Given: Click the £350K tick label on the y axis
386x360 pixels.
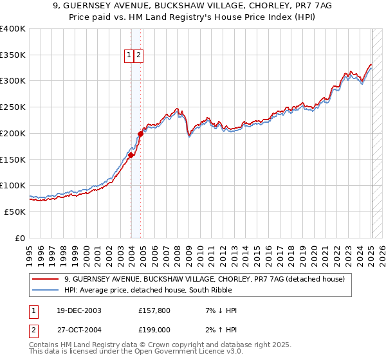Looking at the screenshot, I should [13, 55].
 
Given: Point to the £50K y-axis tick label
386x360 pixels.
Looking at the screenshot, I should [15, 212].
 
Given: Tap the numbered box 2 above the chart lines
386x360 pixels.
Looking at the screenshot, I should [138, 56].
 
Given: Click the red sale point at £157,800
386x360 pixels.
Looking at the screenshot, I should [131, 155].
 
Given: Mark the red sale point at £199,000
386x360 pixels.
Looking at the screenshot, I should [140, 134].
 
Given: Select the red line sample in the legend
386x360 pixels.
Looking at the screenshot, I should [46, 279].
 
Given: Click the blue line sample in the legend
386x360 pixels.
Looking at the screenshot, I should [46, 290].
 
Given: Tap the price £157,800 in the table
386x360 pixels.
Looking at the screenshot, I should [154, 311].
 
